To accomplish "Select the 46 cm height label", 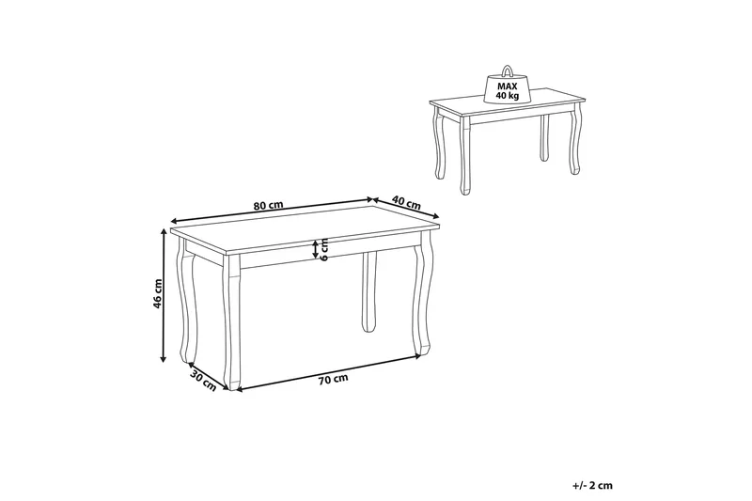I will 158,299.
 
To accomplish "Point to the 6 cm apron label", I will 324,249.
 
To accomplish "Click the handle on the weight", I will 508,70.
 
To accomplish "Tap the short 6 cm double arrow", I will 316,249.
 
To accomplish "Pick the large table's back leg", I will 368,291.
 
